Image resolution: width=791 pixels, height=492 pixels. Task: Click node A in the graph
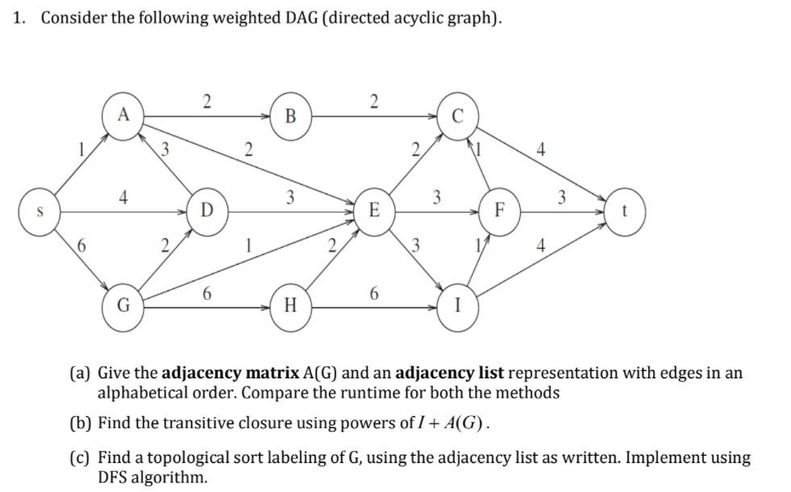[123, 115]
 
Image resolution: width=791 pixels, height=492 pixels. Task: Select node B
[291, 116]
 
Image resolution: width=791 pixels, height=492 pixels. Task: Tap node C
[456, 116]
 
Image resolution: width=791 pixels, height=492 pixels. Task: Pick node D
[207, 211]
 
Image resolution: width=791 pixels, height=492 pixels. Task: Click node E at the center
[374, 211]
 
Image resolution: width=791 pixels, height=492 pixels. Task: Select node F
[499, 212]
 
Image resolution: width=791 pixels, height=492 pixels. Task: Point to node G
[123, 306]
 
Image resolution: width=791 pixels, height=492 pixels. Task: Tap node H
[291, 306]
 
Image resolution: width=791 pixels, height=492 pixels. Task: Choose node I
[457, 306]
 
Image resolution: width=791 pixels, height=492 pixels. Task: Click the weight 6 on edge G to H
[207, 294]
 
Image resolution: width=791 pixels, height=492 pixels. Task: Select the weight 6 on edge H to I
[373, 294]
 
